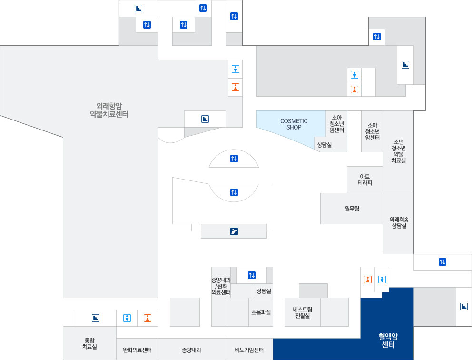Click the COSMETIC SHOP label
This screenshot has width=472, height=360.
(294, 124)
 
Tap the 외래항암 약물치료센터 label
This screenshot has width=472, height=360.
(109, 110)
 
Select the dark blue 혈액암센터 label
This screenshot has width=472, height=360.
(388, 340)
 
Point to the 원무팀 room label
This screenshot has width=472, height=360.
(352, 208)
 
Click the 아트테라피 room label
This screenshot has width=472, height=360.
(364, 180)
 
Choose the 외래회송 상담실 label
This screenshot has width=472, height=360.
(399, 223)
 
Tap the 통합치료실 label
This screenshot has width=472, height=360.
(89, 343)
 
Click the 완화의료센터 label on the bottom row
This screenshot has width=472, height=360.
(137, 350)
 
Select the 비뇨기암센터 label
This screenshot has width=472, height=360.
(249, 350)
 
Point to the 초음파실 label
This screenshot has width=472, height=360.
(261, 312)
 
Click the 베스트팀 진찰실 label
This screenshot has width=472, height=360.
(302, 312)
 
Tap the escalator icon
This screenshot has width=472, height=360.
(234, 232)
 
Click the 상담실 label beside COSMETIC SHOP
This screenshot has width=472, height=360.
(324, 144)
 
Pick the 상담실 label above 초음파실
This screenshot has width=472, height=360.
(263, 290)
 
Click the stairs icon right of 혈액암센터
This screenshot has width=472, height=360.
(464, 307)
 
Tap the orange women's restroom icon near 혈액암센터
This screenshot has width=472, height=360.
(367, 280)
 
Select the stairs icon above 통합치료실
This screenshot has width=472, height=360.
(96, 318)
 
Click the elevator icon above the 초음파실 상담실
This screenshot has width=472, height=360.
(252, 275)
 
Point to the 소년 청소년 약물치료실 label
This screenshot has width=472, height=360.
(398, 151)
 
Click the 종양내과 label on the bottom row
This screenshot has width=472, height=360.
(191, 350)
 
